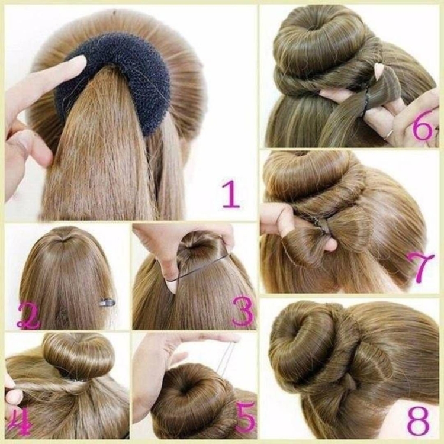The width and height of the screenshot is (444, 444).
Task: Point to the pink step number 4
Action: click(x=20, y=422)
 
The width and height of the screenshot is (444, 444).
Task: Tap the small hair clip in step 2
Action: click(x=107, y=303)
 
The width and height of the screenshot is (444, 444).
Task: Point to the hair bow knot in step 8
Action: click(x=350, y=384)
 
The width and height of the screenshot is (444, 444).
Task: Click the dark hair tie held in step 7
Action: click(x=321, y=227)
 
